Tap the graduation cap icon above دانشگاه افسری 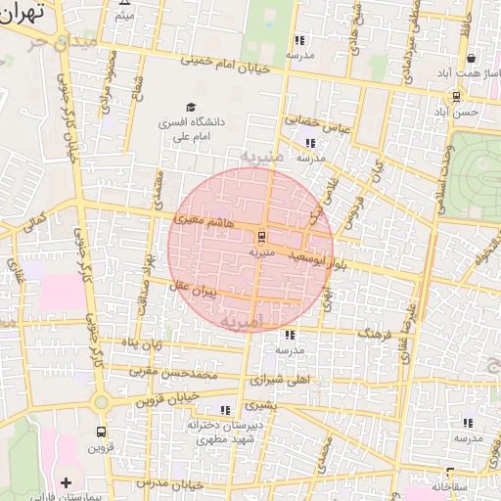190,108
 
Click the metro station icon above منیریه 261,237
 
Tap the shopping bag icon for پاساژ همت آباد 471,59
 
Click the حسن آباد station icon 457,96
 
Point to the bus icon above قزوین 102,432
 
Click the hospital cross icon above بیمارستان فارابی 67,482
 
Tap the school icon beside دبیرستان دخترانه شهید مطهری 225,410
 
